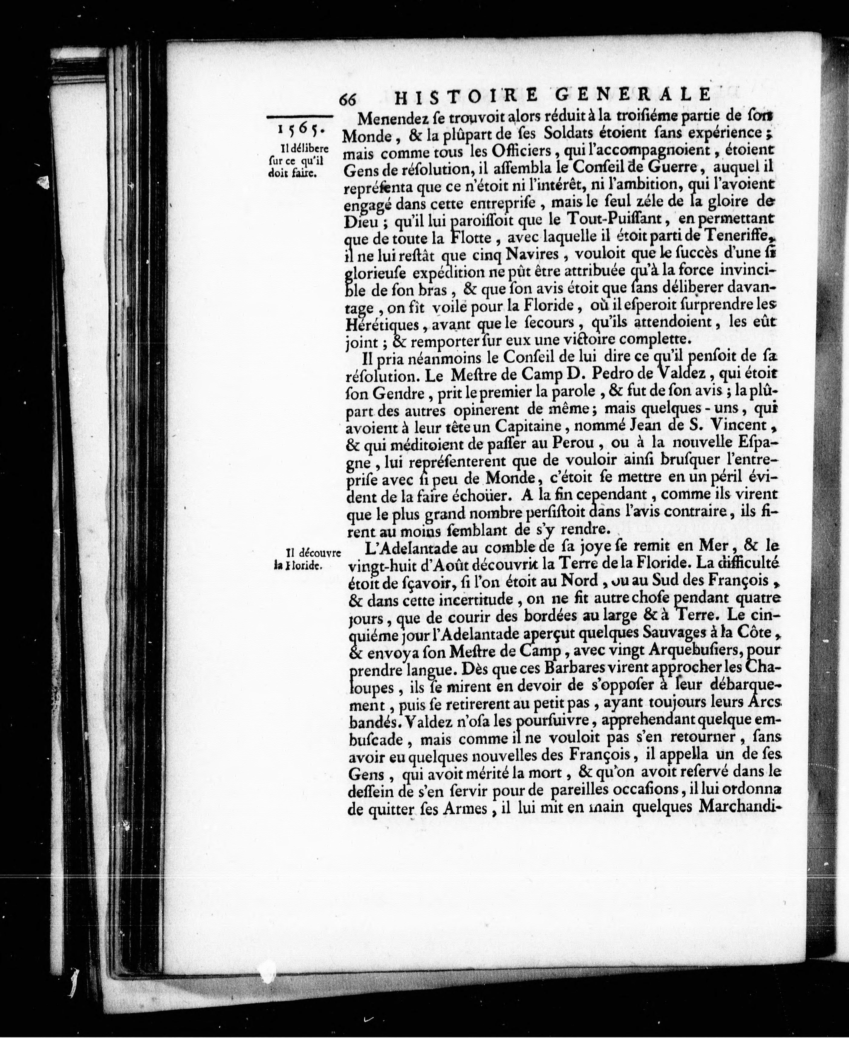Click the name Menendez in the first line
coord(390,118)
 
